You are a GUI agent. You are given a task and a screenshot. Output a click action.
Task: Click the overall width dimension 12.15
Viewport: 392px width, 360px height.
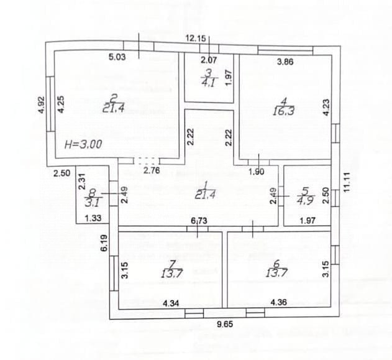196,39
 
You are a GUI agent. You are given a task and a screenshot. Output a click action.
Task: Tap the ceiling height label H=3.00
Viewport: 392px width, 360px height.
83,144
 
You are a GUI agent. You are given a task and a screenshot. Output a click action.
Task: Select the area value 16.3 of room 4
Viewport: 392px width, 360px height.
283,111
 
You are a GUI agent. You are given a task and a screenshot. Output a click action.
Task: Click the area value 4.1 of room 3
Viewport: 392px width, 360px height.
208,83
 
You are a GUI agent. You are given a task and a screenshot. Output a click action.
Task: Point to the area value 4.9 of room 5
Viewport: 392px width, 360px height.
306,200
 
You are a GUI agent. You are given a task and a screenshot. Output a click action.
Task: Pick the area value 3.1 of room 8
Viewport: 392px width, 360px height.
92,202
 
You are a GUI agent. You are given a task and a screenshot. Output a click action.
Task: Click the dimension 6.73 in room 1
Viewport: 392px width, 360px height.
199,221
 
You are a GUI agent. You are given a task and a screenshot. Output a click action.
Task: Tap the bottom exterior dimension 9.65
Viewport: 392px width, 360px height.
225,324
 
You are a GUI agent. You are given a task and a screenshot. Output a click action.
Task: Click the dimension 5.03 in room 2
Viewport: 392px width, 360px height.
117,57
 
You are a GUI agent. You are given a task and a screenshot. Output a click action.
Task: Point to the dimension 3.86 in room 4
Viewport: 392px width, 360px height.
285,62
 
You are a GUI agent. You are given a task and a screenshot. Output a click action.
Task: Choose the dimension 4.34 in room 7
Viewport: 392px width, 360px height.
171,303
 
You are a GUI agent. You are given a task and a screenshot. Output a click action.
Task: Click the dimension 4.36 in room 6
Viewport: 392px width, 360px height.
279,302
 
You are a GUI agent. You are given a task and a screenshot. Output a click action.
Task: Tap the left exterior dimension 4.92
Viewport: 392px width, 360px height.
41,105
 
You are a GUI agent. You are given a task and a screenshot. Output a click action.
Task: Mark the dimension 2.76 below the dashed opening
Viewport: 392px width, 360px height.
152,170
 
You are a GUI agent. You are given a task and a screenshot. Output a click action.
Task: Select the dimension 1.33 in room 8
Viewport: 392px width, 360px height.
93,218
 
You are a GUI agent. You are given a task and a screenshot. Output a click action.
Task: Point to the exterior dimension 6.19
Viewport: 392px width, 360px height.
104,242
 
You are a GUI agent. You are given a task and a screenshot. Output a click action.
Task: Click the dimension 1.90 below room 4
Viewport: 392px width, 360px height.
257,172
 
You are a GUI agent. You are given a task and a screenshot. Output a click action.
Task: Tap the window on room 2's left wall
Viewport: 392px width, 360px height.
51,104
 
